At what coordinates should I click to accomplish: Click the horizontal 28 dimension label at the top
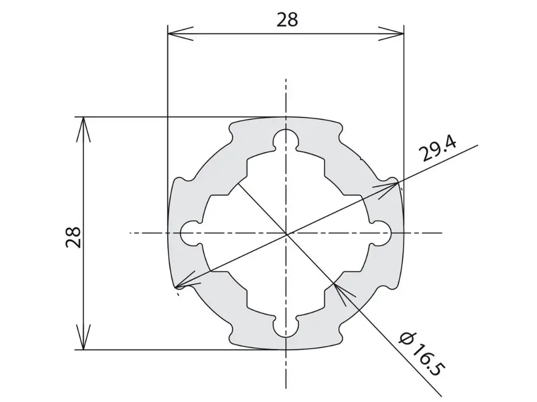point(287,20)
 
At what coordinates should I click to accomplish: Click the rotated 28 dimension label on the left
point(73,237)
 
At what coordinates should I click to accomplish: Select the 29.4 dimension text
point(439,149)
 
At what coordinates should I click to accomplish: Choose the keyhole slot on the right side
point(381,233)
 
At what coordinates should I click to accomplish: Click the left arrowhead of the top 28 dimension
point(180,33)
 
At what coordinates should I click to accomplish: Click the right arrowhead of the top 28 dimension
point(391,33)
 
